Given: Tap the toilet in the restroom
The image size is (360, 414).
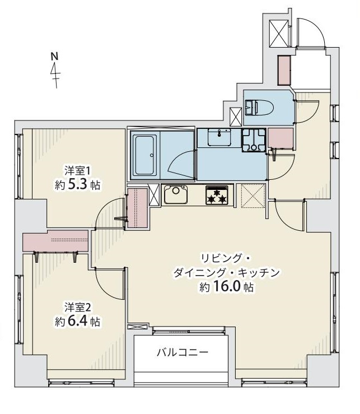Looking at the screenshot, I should pyautogui.click(x=258, y=106).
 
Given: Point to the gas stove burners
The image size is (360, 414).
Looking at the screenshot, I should pyautogui.click(x=217, y=195).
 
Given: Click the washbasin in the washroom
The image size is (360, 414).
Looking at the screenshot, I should pyautogui.click(x=218, y=137).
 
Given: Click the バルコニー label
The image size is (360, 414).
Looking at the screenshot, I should pyautogui.click(x=182, y=352).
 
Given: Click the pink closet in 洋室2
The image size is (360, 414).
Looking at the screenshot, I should pyautogui.click(x=55, y=241).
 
